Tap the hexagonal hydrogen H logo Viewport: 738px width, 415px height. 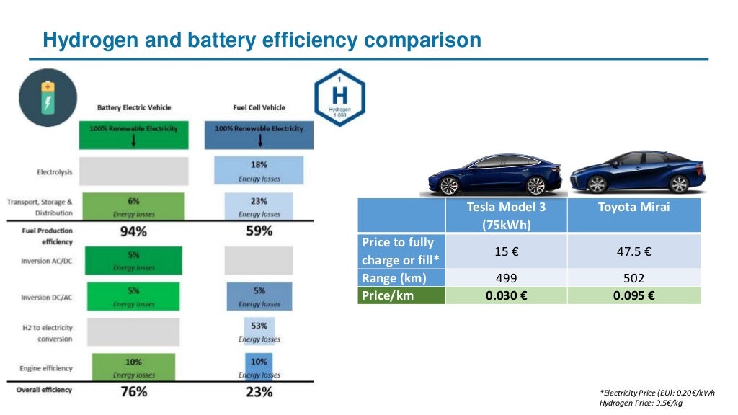tap(339, 98)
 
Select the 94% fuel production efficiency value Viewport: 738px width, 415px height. tap(133, 231)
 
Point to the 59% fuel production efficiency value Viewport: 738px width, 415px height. tap(259, 231)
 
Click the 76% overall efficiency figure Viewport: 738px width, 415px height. tap(133, 391)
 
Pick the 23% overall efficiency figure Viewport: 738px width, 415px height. tap(259, 391)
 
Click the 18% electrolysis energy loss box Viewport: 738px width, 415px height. tap(259, 170)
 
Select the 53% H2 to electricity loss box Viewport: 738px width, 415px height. tap(259, 331)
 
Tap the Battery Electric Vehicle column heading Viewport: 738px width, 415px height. tap(134, 107)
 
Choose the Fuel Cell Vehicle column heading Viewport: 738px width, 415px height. tap(259, 107)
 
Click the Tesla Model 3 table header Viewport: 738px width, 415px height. tap(506, 215)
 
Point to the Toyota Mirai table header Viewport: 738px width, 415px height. tap(633, 207)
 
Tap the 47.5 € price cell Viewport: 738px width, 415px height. tap(633, 251)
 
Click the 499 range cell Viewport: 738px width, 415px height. tap(506, 278)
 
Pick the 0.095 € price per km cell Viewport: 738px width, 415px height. tap(633, 295)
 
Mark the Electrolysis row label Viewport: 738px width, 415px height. tap(54, 172)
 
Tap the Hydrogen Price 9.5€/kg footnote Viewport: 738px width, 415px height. tap(641, 403)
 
